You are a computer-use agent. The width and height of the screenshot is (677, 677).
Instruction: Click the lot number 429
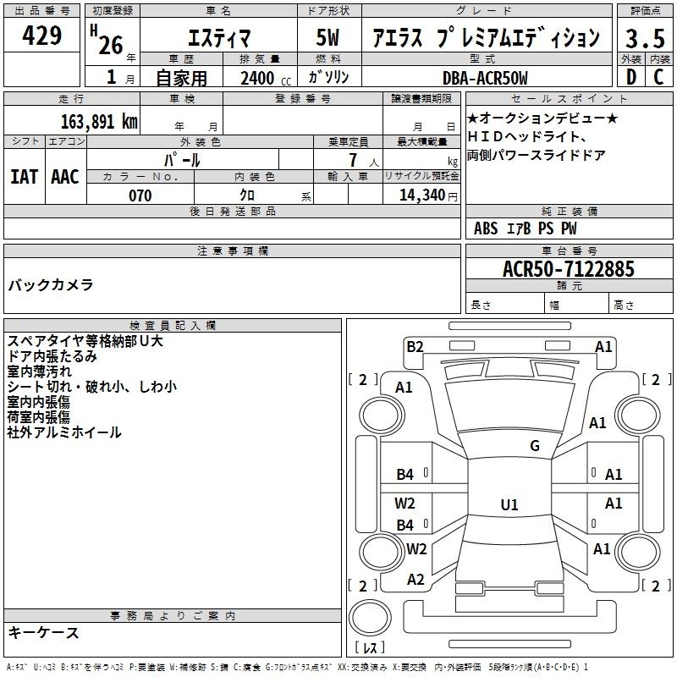[x=41, y=35]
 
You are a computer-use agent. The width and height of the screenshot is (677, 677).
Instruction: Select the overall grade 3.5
[x=645, y=38]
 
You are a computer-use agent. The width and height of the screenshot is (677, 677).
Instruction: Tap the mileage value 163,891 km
[x=99, y=122]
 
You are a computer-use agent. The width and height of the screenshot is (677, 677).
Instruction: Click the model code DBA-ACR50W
[x=485, y=78]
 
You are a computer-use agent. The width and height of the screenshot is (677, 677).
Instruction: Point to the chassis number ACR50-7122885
[x=569, y=269]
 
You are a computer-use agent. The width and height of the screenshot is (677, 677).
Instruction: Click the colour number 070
[x=140, y=195]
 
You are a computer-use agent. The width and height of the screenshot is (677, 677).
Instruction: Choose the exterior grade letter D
[x=631, y=77]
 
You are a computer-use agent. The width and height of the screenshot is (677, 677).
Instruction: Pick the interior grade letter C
[x=658, y=77]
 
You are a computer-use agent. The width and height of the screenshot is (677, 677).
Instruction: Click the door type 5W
[x=327, y=37]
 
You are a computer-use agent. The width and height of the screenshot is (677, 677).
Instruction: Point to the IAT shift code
[x=24, y=177]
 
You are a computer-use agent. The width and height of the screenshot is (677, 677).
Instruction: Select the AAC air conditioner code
[x=65, y=177]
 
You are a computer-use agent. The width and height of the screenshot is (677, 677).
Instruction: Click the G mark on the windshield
[x=535, y=446]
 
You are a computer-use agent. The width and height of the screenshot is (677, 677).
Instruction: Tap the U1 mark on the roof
[x=509, y=504]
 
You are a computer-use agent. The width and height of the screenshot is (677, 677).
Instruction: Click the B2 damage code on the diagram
[x=415, y=347]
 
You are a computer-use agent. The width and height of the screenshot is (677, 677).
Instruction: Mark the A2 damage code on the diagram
[x=416, y=580]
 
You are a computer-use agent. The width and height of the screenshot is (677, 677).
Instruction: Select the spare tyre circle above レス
[x=370, y=618]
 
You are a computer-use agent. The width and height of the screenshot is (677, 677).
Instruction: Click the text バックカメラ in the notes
[x=51, y=285]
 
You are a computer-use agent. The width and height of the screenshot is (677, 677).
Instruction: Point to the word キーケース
[x=44, y=632]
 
